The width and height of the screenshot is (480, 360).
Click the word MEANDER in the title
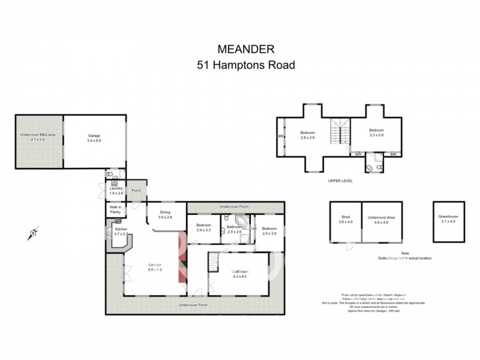point(246,49)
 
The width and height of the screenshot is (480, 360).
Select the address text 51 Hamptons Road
point(246,65)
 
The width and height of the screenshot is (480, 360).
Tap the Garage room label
point(94,136)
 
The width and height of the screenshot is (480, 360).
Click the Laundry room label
point(116,188)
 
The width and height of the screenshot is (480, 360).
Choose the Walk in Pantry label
point(116,209)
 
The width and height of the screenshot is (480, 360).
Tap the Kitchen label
point(121,229)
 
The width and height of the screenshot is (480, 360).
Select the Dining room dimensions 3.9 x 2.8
point(165,217)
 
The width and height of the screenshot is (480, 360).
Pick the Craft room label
point(240,272)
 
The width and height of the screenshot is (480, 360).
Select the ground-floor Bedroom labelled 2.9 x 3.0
point(269,230)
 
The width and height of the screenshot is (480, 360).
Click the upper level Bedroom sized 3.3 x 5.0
point(376,133)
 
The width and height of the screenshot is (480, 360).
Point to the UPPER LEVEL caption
point(340,180)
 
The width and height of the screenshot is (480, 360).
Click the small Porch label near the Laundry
point(136,191)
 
